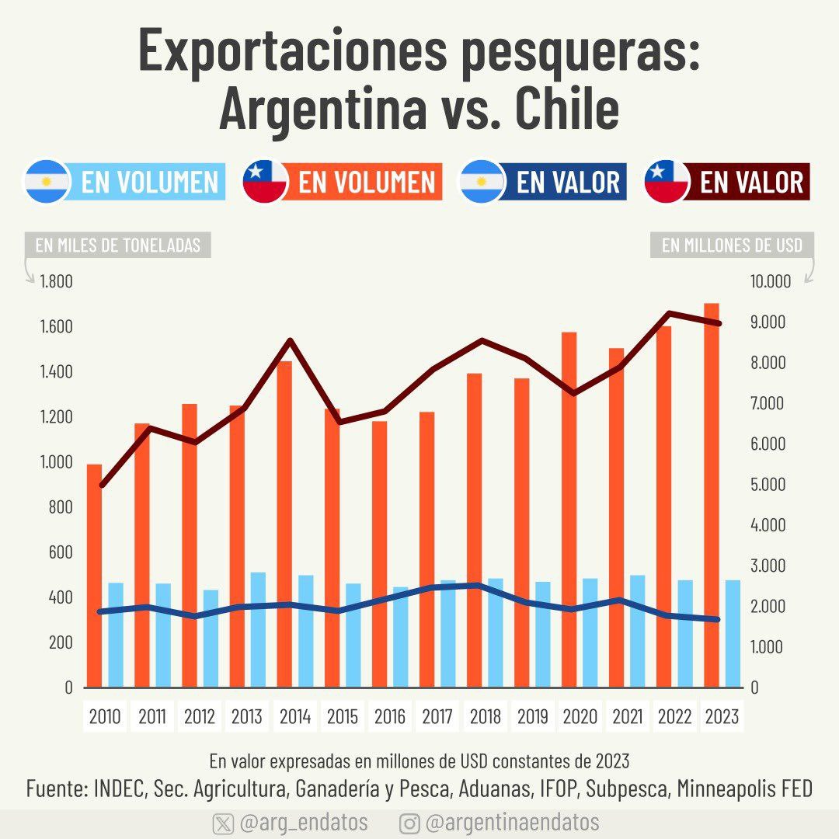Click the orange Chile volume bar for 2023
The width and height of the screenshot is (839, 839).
coord(712,497)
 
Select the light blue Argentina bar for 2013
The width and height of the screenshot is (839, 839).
coord(258,629)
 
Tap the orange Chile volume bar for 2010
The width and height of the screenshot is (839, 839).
coord(94,575)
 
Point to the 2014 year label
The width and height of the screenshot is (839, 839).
coord(295,716)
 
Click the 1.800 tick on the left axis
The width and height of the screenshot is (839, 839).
coord(56,281)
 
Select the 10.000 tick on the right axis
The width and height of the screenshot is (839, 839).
coord(769,281)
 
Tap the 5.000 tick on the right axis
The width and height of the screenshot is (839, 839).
coord(769,485)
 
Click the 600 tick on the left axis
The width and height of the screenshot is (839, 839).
coord(60,552)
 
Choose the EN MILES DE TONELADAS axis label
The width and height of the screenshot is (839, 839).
coord(118,245)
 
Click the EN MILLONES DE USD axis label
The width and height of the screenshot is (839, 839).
coord(732,245)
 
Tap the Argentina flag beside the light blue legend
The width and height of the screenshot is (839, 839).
coord(47,182)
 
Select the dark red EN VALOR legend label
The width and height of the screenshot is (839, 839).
coord(751,182)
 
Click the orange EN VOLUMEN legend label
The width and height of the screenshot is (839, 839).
coord(367,182)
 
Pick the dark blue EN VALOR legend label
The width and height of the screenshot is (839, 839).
coord(568,182)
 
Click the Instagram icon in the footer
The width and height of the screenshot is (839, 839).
coord(410,823)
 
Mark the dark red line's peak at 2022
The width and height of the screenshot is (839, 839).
coord(669,313)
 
